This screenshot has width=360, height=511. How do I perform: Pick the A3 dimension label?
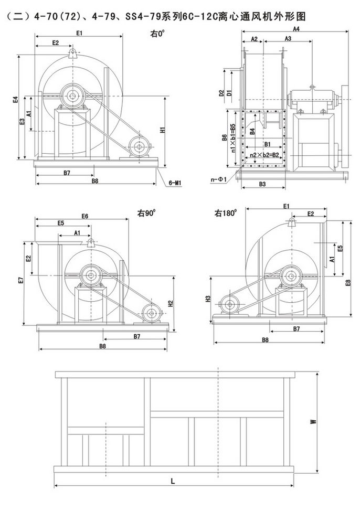pyautogui.click(x=288, y=39)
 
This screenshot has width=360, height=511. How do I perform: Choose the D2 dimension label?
pyautogui.click(x=221, y=93)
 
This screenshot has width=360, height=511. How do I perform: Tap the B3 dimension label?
pyautogui.click(x=262, y=184)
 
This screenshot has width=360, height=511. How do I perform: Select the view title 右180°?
pyautogui.click(x=226, y=214)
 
